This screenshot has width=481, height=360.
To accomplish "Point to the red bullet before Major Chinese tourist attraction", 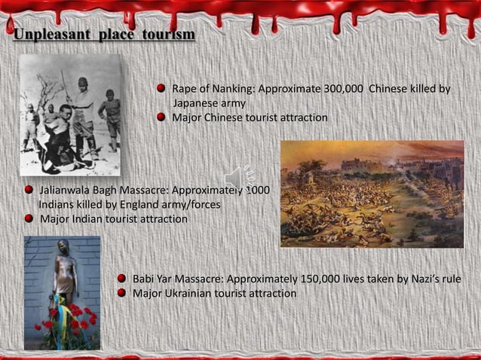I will (x=161, y=117).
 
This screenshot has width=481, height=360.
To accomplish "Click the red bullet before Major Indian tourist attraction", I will (x=28, y=218).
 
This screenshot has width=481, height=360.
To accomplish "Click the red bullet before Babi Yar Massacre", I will (x=121, y=279).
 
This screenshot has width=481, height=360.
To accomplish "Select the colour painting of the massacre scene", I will (x=372, y=194).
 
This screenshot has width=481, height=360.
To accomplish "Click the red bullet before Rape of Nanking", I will (x=161, y=90).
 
